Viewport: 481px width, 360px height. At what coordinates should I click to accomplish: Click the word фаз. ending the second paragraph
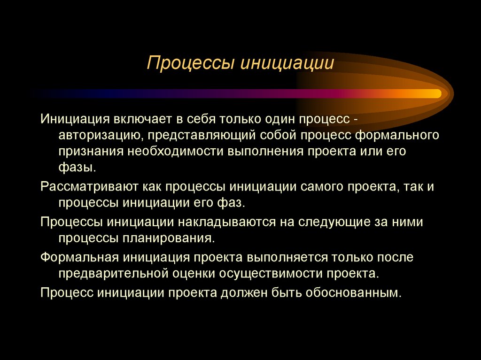coord(231,203)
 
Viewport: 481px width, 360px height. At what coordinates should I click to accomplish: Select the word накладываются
coord(227,222)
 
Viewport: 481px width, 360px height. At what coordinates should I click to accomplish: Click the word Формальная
coord(79,257)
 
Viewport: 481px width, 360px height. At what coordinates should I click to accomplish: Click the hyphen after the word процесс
coord(357,119)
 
